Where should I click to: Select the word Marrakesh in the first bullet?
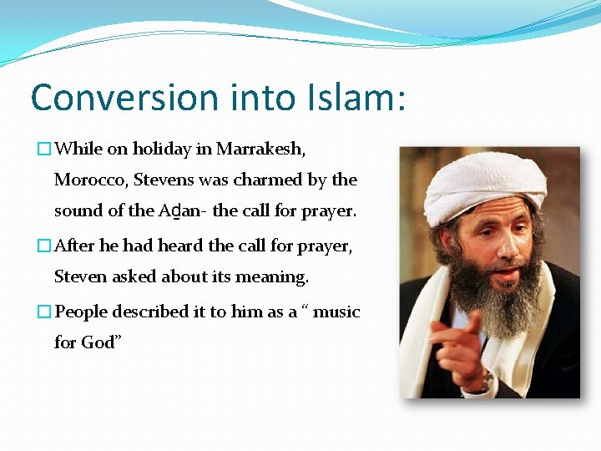coord(260,149)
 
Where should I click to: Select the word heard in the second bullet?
coord(180,246)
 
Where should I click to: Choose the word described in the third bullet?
coord(150,312)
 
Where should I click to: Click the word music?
coord(337,312)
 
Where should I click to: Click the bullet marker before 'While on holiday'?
coord(44,149)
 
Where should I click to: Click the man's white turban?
coord(484,184)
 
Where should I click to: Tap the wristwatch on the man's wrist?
coord(487,382)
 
